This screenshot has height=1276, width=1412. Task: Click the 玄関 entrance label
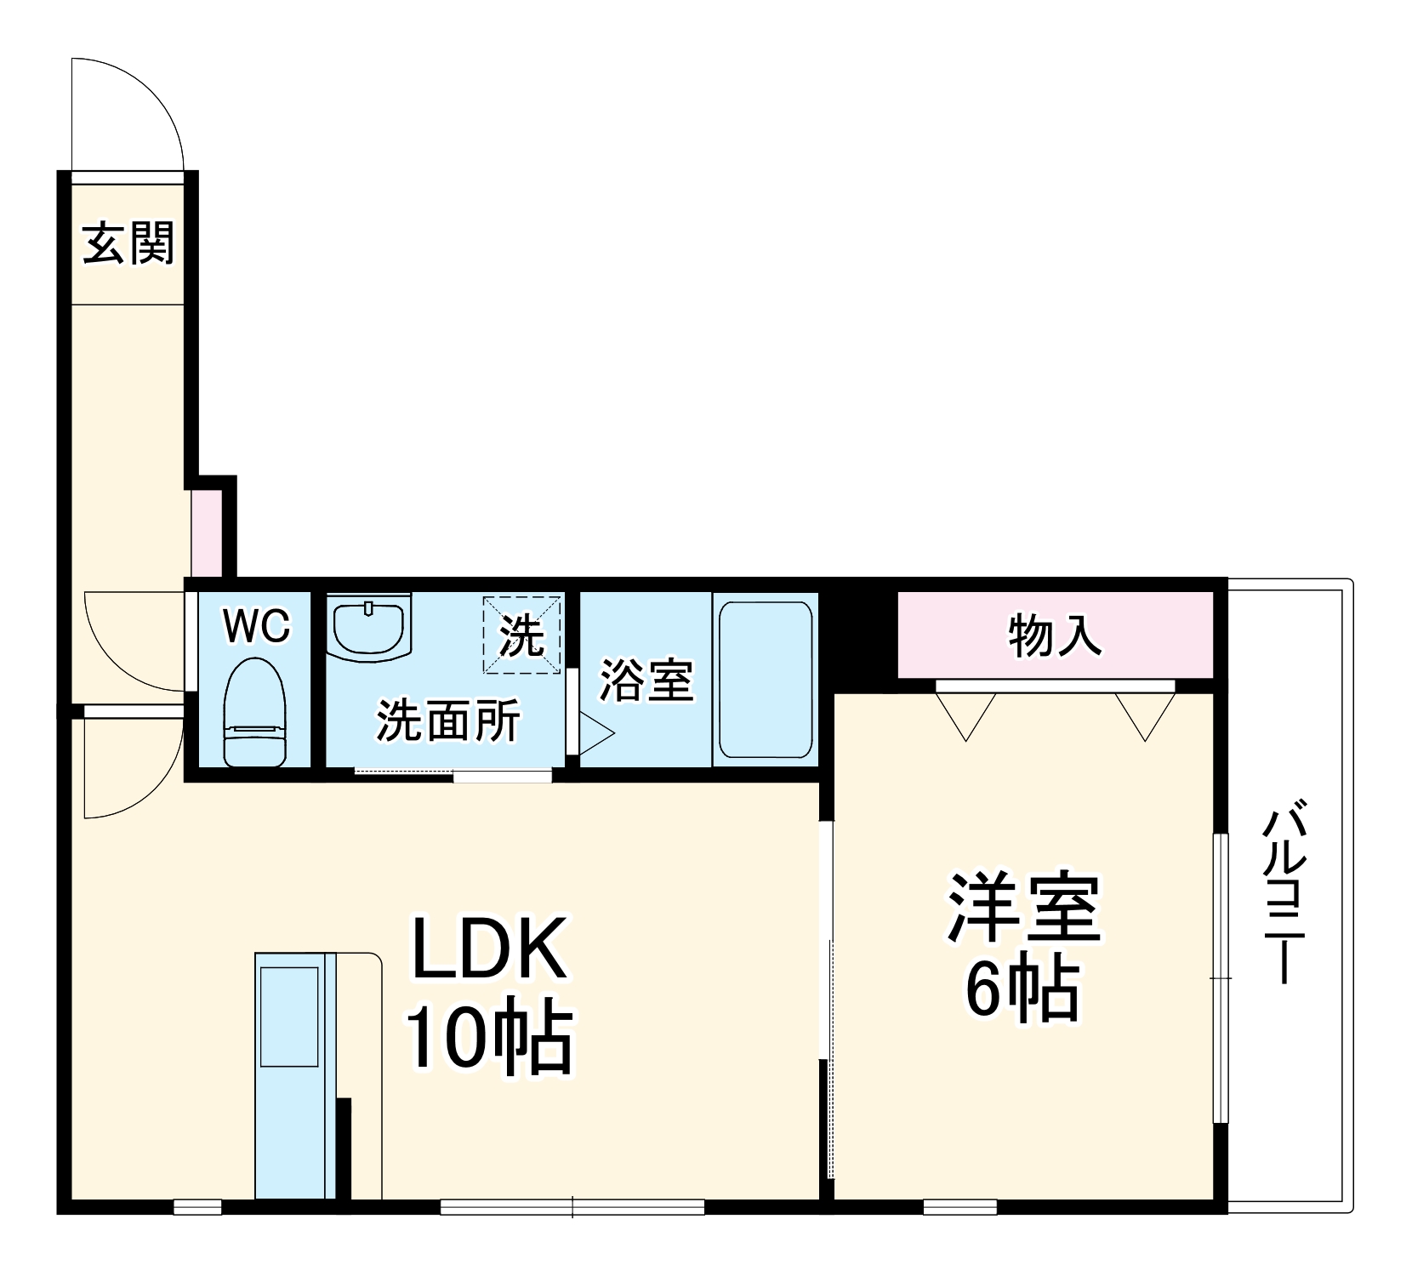[x=128, y=243]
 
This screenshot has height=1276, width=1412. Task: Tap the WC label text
[x=256, y=627]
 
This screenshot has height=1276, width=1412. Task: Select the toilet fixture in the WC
[x=254, y=712]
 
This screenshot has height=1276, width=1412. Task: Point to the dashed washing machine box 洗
[x=521, y=635]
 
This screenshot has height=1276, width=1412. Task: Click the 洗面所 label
[x=448, y=721]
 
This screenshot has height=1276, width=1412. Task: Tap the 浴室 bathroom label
[x=646, y=680]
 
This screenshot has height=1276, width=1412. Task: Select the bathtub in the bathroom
[x=765, y=680]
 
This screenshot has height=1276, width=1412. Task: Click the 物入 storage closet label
[x=1055, y=635]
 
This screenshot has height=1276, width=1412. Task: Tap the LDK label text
[x=489, y=949]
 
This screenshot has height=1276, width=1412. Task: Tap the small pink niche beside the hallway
[x=206, y=533]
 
